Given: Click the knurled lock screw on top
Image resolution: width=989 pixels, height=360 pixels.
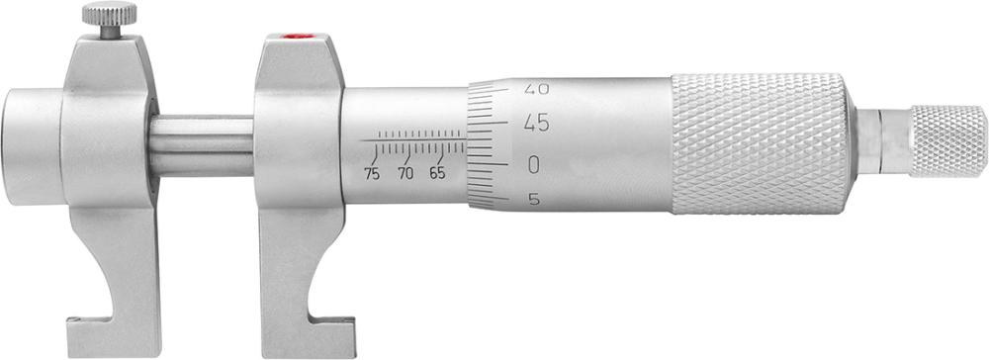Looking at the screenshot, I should (x=103, y=15).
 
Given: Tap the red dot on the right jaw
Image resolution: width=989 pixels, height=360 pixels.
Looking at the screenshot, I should (x=293, y=38).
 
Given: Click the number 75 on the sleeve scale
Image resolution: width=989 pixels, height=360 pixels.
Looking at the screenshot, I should (x=371, y=174).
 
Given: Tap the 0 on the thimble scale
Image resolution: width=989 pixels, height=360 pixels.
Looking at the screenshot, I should (x=535, y=163).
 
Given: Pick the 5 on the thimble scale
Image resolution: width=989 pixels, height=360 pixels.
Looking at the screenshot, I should (x=535, y=200).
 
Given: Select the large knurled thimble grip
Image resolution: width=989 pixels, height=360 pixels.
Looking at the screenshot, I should (x=760, y=143).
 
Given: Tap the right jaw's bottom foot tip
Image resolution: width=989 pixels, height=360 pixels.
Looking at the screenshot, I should (x=331, y=321).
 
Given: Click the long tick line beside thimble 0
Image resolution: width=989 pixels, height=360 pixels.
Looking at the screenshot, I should (x=494, y=162).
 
